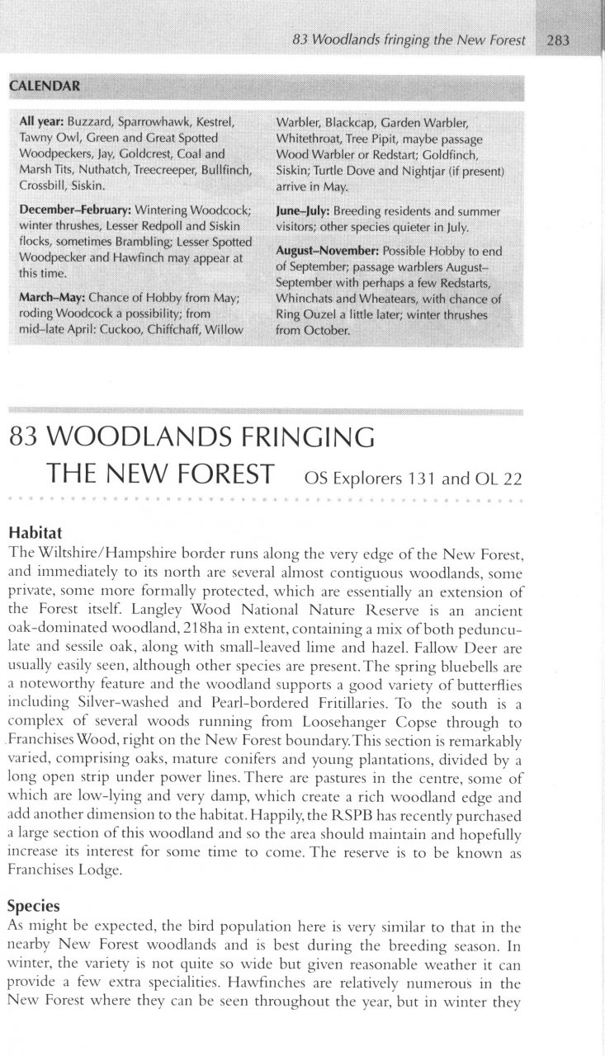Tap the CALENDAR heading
(x=46, y=86)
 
